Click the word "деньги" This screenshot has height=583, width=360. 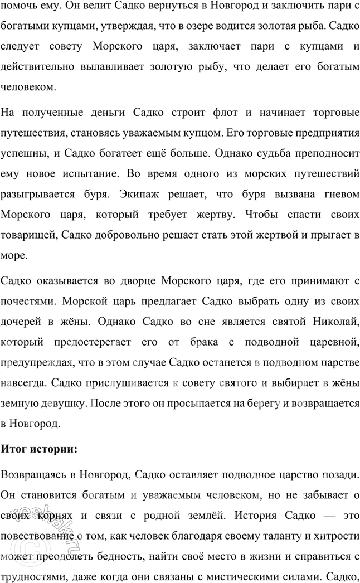(106, 113)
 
